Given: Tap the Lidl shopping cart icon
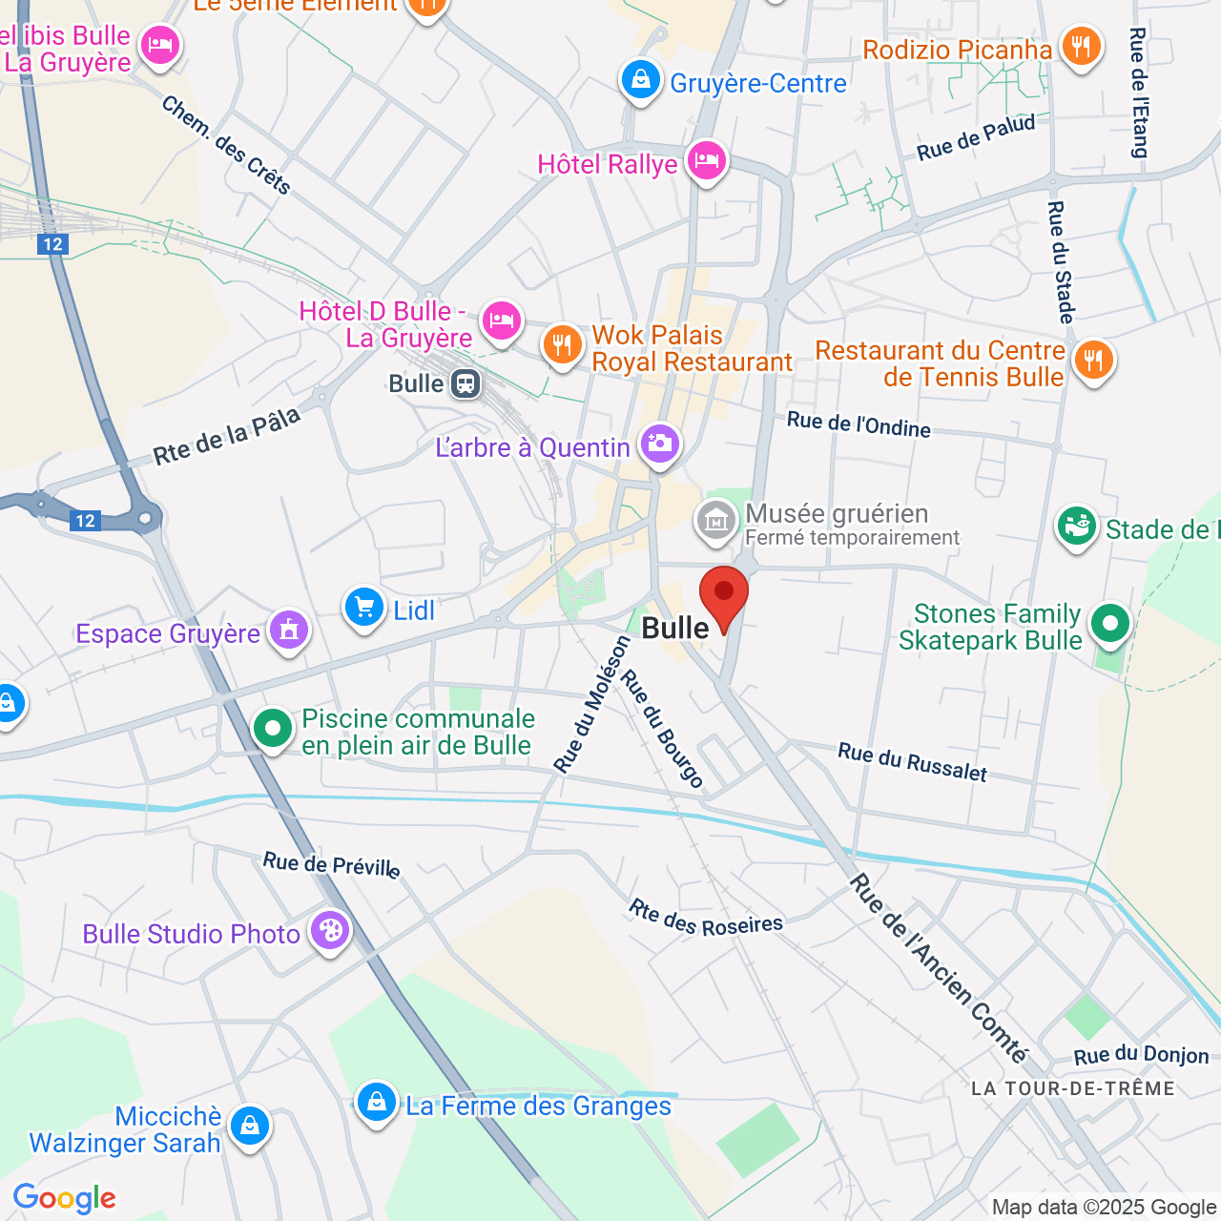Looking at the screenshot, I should click(x=363, y=606).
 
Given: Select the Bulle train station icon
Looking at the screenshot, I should click(x=466, y=383).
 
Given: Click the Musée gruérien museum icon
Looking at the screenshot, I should click(x=715, y=520).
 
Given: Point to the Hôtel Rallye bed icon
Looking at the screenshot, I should click(x=706, y=160).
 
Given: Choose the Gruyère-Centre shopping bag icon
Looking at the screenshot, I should click(x=641, y=80).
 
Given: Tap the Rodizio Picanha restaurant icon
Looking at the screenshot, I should click(x=1081, y=45).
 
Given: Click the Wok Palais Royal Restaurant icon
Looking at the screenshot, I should click(x=562, y=344).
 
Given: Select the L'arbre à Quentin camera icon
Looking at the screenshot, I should click(x=659, y=443).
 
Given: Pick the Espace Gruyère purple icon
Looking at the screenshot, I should click(x=288, y=630).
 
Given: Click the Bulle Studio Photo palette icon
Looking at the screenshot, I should click(x=330, y=930).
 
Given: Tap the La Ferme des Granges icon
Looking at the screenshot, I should click(x=377, y=1103).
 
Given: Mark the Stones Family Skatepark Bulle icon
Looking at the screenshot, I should click(x=1108, y=625).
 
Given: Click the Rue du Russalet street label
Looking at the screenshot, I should click(x=912, y=763).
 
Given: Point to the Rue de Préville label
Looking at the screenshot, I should click(x=331, y=864).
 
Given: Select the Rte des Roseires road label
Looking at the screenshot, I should click(x=705, y=919).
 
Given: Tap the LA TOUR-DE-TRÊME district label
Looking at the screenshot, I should click(x=1072, y=1088).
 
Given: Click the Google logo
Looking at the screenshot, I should click(x=65, y=1198).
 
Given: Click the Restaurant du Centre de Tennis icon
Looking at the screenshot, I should click(x=1093, y=361).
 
